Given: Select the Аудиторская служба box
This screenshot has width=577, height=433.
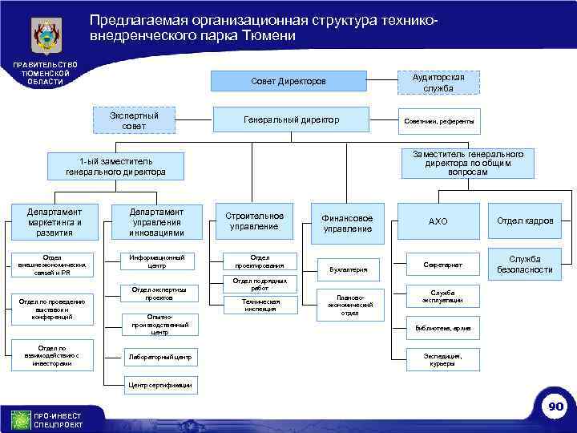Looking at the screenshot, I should pyautogui.click(x=438, y=82).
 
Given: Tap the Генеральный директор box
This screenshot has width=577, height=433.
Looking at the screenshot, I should pyautogui.click(x=291, y=120).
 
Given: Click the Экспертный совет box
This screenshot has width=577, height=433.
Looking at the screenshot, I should pyautogui.click(x=134, y=121).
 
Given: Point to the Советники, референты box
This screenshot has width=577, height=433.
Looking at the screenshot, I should pyautogui.click(x=438, y=121).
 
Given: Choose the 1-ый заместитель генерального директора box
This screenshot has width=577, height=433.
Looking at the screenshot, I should pyautogui.click(x=116, y=166).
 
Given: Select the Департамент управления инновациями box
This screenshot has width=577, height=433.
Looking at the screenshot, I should pyautogui.click(x=156, y=222).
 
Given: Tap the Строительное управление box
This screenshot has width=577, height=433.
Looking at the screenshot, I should pyautogui.click(x=254, y=221).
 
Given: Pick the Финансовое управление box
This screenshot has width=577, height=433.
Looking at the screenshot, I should pyautogui.click(x=347, y=223).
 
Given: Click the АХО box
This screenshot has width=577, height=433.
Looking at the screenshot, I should pyautogui.click(x=438, y=221).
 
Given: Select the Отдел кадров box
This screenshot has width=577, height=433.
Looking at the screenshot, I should pyautogui.click(x=525, y=221).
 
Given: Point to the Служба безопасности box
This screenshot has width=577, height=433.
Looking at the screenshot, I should pyautogui.click(x=525, y=265).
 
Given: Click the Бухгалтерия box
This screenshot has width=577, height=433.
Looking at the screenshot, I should pyautogui.click(x=347, y=269).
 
